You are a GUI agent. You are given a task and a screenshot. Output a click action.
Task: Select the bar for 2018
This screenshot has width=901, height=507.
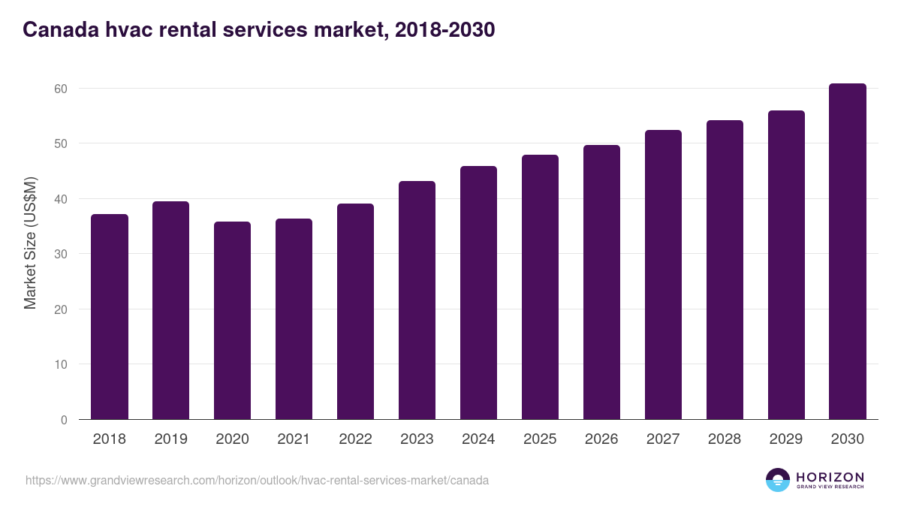coord(110,317)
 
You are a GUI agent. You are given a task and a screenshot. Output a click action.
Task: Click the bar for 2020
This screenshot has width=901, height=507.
coord(233,321)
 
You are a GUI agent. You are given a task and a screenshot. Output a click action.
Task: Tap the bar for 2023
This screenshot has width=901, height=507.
coord(417,300)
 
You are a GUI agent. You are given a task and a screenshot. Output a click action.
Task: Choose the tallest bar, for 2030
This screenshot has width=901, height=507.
coord(848,252)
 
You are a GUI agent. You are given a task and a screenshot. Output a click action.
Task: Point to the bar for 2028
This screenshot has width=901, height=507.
coord(725,270)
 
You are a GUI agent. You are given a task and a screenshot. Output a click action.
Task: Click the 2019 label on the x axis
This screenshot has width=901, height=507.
coord(171,439)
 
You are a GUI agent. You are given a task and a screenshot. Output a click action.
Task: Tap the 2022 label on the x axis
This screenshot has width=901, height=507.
coord(355,439)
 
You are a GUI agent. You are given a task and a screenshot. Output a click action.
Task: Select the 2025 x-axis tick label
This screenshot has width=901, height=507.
coord(540,439)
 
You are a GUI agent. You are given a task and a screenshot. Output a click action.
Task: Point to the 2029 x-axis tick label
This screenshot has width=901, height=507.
coord(786,439)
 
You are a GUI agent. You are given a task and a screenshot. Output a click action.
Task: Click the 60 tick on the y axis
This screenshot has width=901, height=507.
coord(60,89)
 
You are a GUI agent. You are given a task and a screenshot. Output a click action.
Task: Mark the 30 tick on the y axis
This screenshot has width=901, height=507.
coord(60,254)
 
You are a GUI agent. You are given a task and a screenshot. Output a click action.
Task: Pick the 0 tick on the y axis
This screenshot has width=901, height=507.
coord(64,420)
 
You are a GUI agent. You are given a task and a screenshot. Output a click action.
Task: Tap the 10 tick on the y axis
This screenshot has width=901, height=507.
coord(60,364)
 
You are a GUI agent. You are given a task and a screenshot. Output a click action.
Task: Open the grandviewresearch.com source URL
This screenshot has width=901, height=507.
coord(257,480)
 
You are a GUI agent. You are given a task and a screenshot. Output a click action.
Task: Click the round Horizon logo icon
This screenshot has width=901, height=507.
coord(778,480)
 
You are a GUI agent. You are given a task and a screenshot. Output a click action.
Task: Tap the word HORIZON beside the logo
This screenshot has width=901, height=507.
coord(830,477)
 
